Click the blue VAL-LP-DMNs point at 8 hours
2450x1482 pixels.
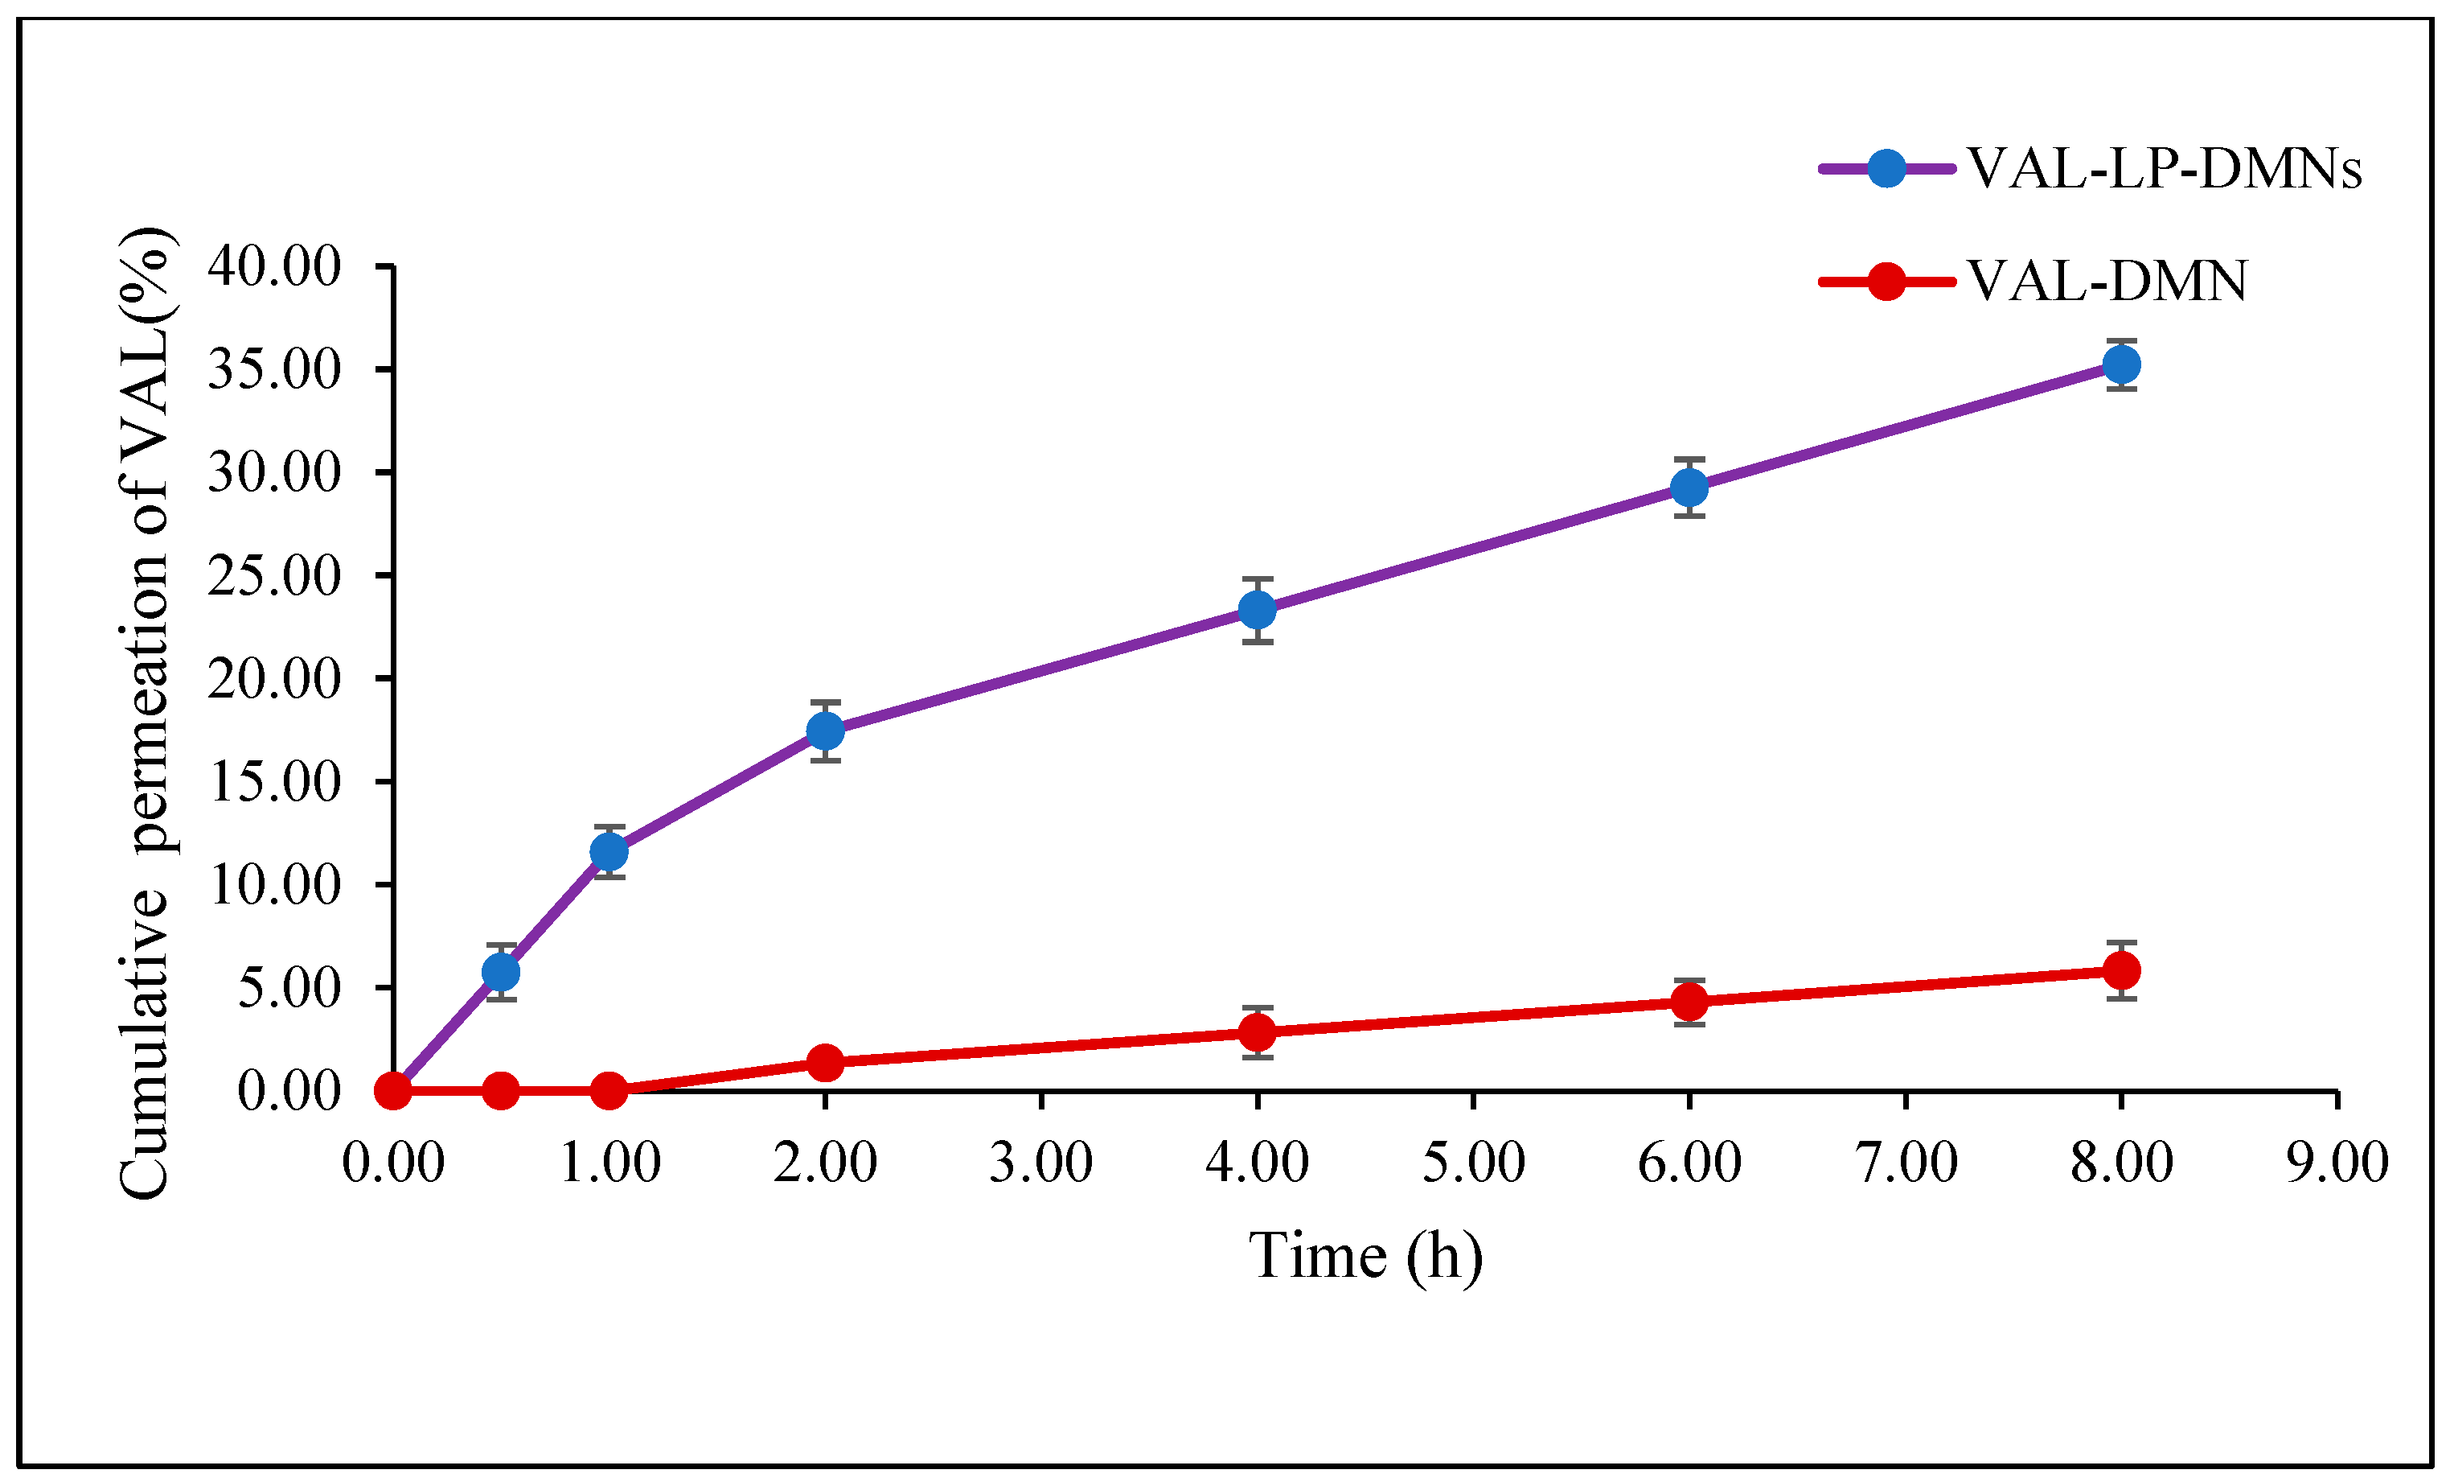2121,365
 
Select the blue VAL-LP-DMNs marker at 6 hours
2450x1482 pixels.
1689,488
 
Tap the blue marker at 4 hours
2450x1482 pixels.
1258,610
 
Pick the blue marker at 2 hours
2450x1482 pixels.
825,731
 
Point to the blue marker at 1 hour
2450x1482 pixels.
609,851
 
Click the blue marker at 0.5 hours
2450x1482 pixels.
501,972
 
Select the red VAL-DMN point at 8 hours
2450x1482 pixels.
2121,969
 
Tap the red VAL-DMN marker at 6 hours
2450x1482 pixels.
1689,1002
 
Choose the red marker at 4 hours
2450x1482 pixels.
1258,1032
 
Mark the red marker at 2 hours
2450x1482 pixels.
825,1062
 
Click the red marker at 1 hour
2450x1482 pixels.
609,1091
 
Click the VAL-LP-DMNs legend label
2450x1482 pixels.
2164,168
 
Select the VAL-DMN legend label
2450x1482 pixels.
2107,282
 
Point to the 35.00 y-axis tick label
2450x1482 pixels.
273,369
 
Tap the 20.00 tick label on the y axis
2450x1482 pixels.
273,679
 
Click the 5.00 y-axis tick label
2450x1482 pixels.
289,989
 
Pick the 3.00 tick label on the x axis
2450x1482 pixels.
1041,1163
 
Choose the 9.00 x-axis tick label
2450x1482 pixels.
2337,1163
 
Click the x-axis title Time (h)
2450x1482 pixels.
1365,1255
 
